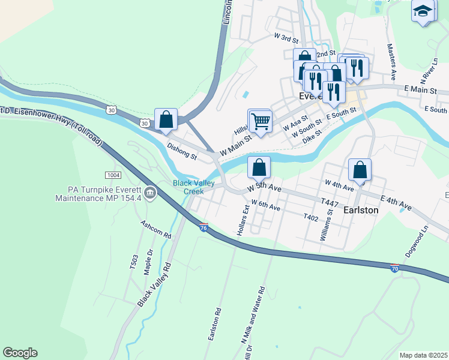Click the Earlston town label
click(361, 211)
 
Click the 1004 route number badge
click(112, 175)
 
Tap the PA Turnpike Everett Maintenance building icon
click(150, 193)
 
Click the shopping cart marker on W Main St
click(260, 121)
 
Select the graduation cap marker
click(423, 11)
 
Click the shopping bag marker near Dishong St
click(166, 119)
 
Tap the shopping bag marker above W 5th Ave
click(259, 167)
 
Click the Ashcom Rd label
click(156, 230)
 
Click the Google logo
click(20, 353)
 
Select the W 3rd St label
click(286, 38)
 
